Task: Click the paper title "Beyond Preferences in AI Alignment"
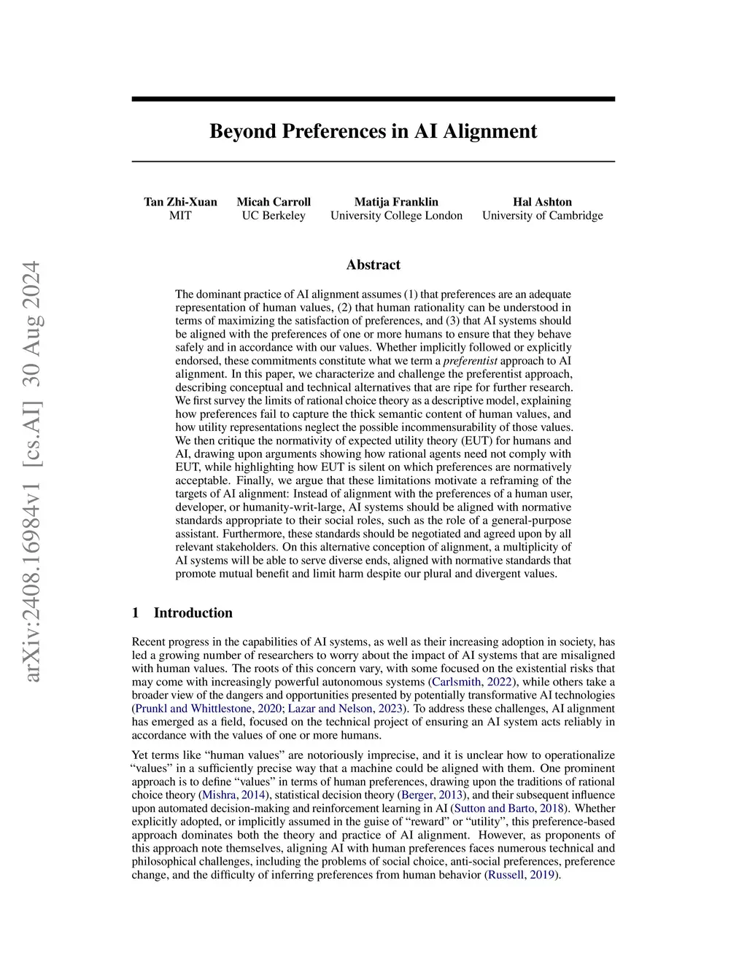point(373,131)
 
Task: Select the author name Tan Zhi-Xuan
point(180,202)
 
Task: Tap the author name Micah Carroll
point(274,202)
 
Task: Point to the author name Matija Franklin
point(396,202)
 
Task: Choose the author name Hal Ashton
point(542,202)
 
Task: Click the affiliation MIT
point(180,216)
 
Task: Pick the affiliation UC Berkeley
point(274,216)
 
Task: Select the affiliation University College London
point(396,216)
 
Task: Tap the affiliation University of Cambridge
point(542,216)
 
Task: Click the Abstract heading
point(373,265)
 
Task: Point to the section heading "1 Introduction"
point(182,613)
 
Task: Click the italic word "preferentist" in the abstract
point(471,361)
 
